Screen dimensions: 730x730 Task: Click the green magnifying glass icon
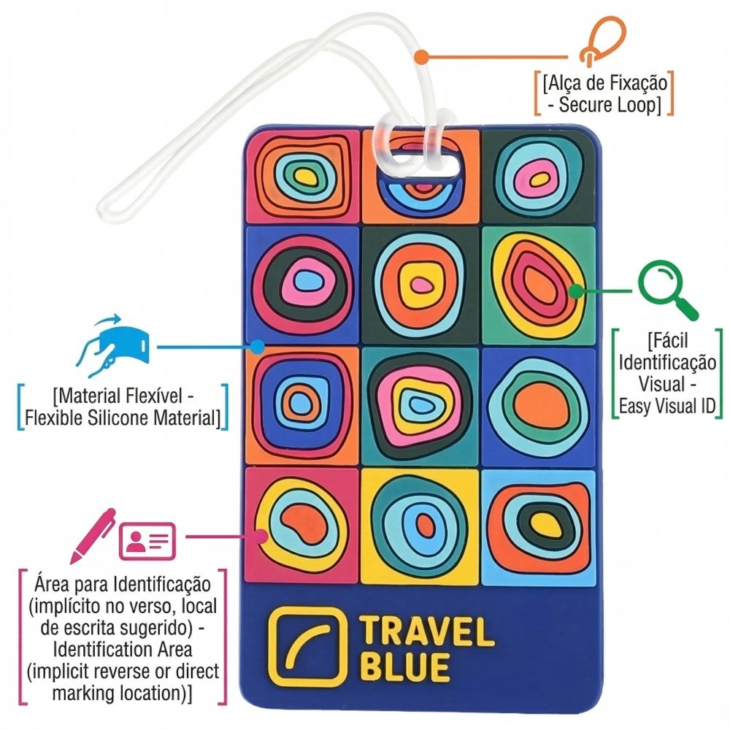[x=666, y=291]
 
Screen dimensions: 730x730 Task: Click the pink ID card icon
[x=147, y=540]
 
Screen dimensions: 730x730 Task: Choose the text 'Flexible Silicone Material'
[x=121, y=418]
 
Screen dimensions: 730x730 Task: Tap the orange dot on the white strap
[x=421, y=55]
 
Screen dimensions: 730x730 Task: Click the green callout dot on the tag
[x=575, y=291]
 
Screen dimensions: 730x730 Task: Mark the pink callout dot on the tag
[x=260, y=537]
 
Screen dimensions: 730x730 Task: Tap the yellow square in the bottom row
[x=420, y=526]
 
